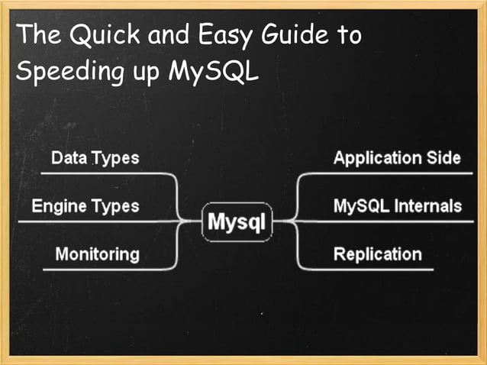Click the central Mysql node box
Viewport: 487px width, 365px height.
tap(237, 223)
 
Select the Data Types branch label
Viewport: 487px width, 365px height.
tap(95, 158)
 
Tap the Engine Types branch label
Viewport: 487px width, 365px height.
tap(85, 205)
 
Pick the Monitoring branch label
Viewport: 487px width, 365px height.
tap(97, 254)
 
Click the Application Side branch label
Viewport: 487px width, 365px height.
tap(397, 158)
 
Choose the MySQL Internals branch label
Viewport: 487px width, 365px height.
tap(397, 205)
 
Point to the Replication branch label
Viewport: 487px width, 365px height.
tap(377, 254)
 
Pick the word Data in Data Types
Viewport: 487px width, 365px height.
tap(68, 158)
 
